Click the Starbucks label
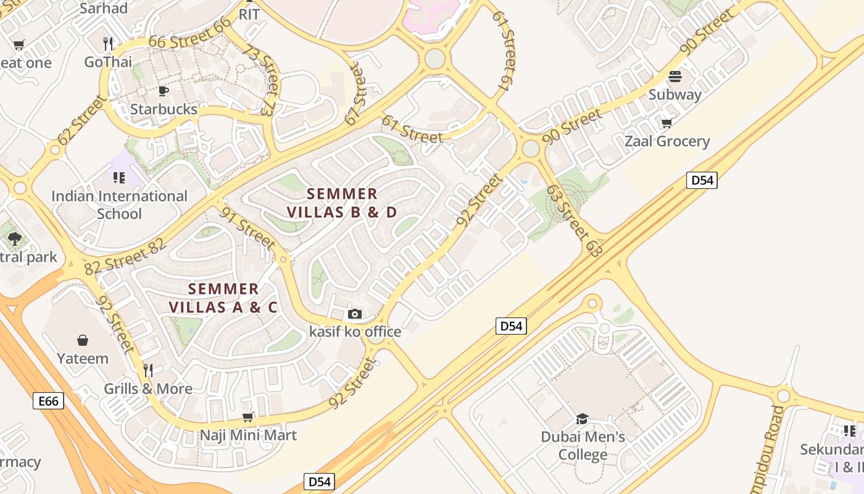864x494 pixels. (164, 109)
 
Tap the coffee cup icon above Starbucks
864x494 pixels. (163, 91)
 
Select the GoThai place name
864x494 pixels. (108, 62)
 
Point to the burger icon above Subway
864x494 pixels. (675, 77)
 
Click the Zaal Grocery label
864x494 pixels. (667, 141)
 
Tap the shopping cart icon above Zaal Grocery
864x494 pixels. (667, 124)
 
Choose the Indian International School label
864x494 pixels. (119, 205)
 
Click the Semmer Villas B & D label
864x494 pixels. (342, 203)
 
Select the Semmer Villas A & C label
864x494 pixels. (223, 298)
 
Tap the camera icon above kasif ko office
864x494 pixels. (354, 314)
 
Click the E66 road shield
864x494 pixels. (48, 401)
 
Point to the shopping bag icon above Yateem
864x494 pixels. (83, 340)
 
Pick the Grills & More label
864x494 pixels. (148, 389)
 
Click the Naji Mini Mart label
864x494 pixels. (248, 435)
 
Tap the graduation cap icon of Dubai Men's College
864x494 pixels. (582, 419)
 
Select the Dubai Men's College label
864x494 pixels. (583, 446)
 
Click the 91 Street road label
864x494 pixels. (247, 228)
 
